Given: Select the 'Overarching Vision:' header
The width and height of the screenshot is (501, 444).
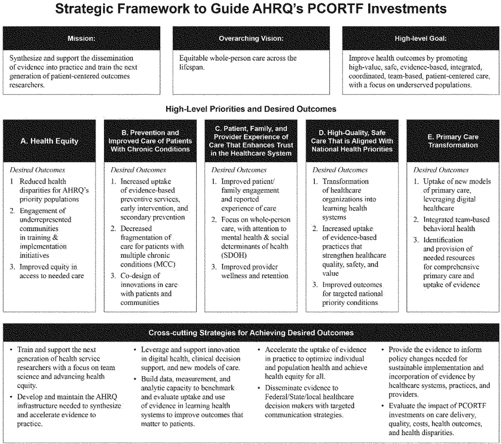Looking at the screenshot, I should pos(251,39).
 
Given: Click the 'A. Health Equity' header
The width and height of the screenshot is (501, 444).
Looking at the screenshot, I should pos(49,141).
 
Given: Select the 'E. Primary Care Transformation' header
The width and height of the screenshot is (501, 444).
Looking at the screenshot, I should pos(452,141).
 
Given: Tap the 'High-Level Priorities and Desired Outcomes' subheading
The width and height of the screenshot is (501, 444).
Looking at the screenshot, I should pos(250,109).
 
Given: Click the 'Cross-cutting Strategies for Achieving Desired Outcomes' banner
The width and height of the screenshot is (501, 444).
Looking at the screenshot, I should pos(251,332).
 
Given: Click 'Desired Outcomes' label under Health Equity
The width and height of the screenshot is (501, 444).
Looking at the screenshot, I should pos(32,170).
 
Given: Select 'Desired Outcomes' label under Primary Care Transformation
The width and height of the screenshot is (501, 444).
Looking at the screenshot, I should pos(440,170).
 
